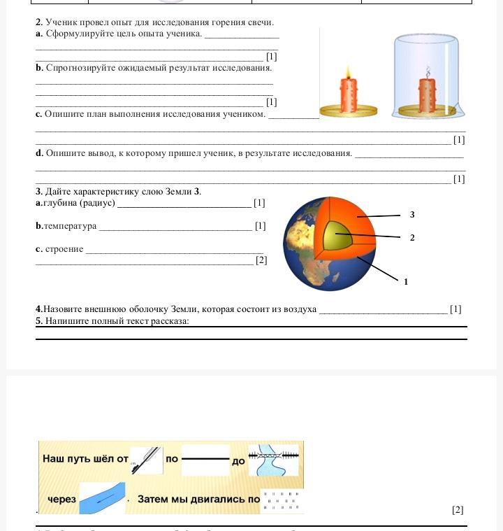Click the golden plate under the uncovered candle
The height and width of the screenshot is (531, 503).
[348, 111]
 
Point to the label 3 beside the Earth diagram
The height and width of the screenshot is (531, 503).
[412, 215]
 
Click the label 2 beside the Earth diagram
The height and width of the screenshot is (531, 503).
[412, 238]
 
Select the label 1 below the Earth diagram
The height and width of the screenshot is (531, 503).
[406, 282]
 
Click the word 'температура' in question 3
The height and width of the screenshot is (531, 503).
[70, 226]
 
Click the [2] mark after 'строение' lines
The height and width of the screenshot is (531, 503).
[261, 260]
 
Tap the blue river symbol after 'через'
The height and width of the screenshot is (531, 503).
[102, 497]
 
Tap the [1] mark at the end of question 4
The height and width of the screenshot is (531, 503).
[455, 309]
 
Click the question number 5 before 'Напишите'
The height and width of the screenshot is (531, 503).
[39, 321]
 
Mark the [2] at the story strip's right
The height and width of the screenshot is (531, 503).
[458, 510]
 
